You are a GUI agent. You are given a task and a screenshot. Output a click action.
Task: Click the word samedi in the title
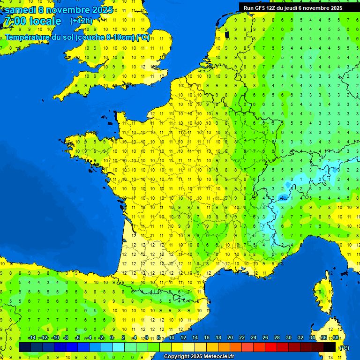20,10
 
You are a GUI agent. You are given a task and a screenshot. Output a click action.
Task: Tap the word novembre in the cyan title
69,10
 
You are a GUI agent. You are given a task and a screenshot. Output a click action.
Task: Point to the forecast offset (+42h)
81,21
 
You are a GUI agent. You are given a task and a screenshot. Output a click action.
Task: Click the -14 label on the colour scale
32,338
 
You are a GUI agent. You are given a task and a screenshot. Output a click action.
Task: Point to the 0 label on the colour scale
112,338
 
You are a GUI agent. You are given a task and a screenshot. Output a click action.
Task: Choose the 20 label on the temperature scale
230,338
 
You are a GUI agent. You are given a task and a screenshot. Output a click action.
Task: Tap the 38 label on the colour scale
336,338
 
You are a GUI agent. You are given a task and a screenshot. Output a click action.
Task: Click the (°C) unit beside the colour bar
344,348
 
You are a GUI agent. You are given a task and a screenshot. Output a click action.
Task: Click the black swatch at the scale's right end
330,347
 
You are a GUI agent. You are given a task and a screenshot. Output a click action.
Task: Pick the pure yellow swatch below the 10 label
177,347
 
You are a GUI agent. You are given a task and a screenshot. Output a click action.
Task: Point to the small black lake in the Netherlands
227,34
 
